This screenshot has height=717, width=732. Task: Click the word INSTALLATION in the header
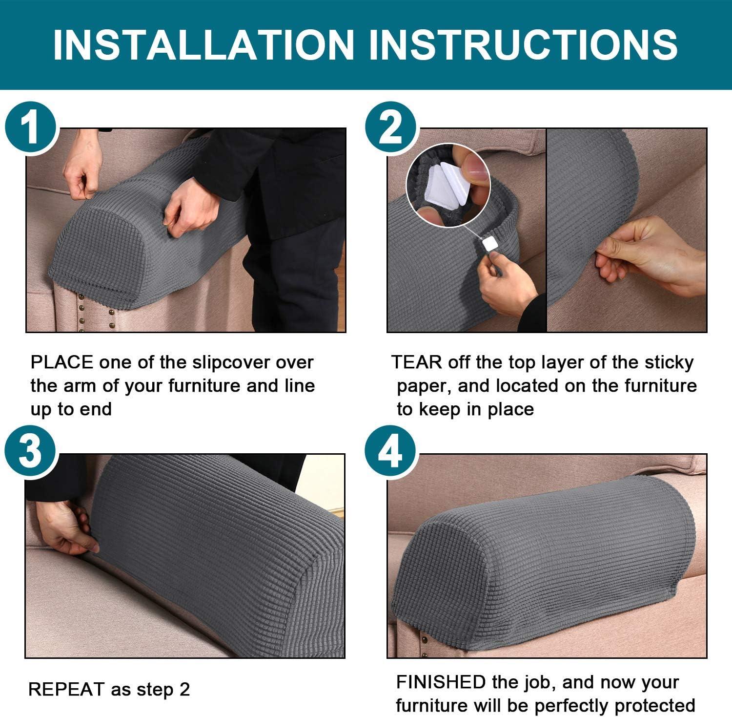coord(203,44)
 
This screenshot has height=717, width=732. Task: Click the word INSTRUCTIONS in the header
coord(523,44)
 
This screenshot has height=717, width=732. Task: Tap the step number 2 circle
coord(390,128)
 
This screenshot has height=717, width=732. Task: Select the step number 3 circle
coord(31,452)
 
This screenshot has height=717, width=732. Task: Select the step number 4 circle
coord(390,452)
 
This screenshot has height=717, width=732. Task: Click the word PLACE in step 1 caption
coord(61,362)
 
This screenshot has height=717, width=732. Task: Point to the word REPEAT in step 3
coord(67,689)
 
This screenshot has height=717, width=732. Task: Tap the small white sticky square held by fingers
coord(489,243)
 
